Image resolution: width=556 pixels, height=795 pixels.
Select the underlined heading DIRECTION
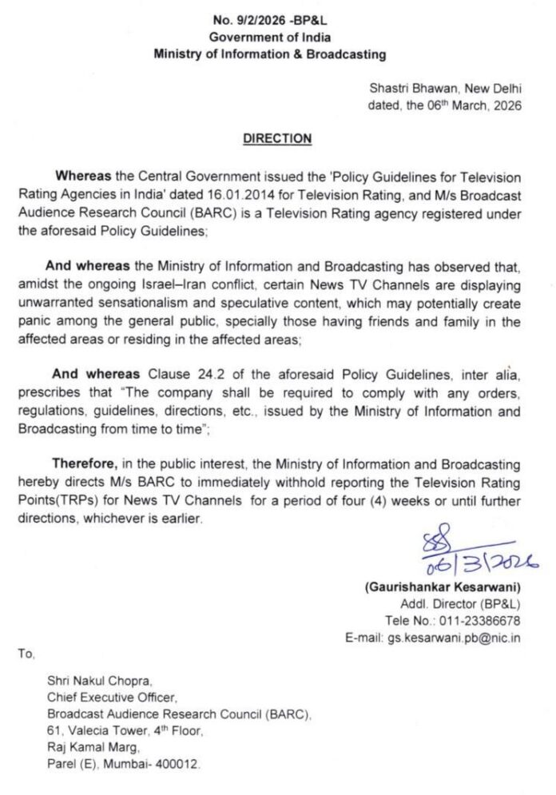(x=277, y=139)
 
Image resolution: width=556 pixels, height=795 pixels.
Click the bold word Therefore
(x=86, y=463)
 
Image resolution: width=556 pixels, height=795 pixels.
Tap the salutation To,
(x=26, y=654)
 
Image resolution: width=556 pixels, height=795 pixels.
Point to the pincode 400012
(x=180, y=765)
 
